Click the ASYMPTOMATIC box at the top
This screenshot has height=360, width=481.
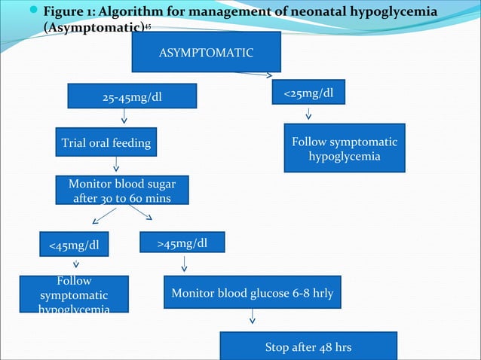[206, 53]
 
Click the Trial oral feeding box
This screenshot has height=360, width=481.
[106, 143]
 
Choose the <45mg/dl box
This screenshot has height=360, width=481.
[73, 244]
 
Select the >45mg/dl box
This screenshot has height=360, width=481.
[182, 243]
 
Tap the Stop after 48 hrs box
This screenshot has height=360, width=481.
[308, 347]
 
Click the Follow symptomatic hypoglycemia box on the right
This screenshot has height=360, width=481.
[345, 148]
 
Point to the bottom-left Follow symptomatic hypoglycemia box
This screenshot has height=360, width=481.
[74, 294]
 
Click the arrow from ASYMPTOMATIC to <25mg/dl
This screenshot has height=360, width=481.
[253, 74]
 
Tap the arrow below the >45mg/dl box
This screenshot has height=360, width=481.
[184, 264]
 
